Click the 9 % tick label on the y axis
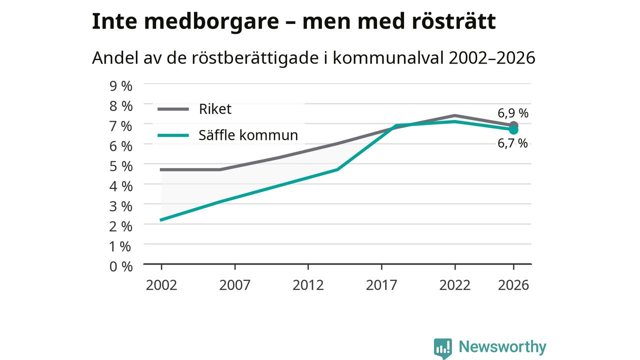tap(121, 86)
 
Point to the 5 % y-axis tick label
tap(121, 166)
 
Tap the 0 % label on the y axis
tap(121, 266)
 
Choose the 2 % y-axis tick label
tap(121, 226)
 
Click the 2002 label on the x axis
tap(161, 285)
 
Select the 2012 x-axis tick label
tap(308, 285)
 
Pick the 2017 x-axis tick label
tap(381, 285)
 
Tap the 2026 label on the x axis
tap(513, 285)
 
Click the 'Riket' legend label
tap(215, 109)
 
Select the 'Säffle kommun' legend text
tap(248, 135)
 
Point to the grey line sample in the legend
tap(173, 109)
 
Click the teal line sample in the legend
tap(173, 135)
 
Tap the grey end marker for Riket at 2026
tap(513, 125)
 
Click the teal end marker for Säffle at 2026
tap(513, 130)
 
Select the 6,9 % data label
tap(513, 113)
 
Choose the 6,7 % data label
tap(512, 143)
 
